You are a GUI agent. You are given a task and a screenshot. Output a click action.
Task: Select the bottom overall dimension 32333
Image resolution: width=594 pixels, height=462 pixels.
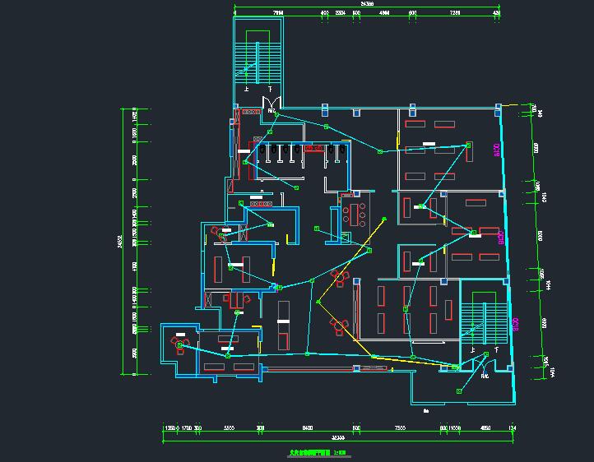coord(332,437)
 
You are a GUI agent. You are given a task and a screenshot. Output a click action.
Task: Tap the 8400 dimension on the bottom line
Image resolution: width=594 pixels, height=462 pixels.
coord(307,428)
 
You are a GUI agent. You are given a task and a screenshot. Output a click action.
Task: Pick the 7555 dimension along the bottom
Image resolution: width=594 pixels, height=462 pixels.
coord(400,428)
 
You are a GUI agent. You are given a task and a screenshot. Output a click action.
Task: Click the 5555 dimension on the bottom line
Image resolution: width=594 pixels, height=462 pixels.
coord(230,428)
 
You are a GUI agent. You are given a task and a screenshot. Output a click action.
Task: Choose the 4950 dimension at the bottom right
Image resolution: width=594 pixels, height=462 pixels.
coord(485,428)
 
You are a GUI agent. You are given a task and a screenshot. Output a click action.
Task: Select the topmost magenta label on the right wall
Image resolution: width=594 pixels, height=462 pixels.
coord(496,150)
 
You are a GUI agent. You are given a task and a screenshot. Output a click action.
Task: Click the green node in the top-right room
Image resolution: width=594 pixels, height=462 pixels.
coord(467,146)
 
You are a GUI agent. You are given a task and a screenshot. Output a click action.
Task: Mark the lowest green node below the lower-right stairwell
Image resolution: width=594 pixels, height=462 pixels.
coord(460,391)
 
